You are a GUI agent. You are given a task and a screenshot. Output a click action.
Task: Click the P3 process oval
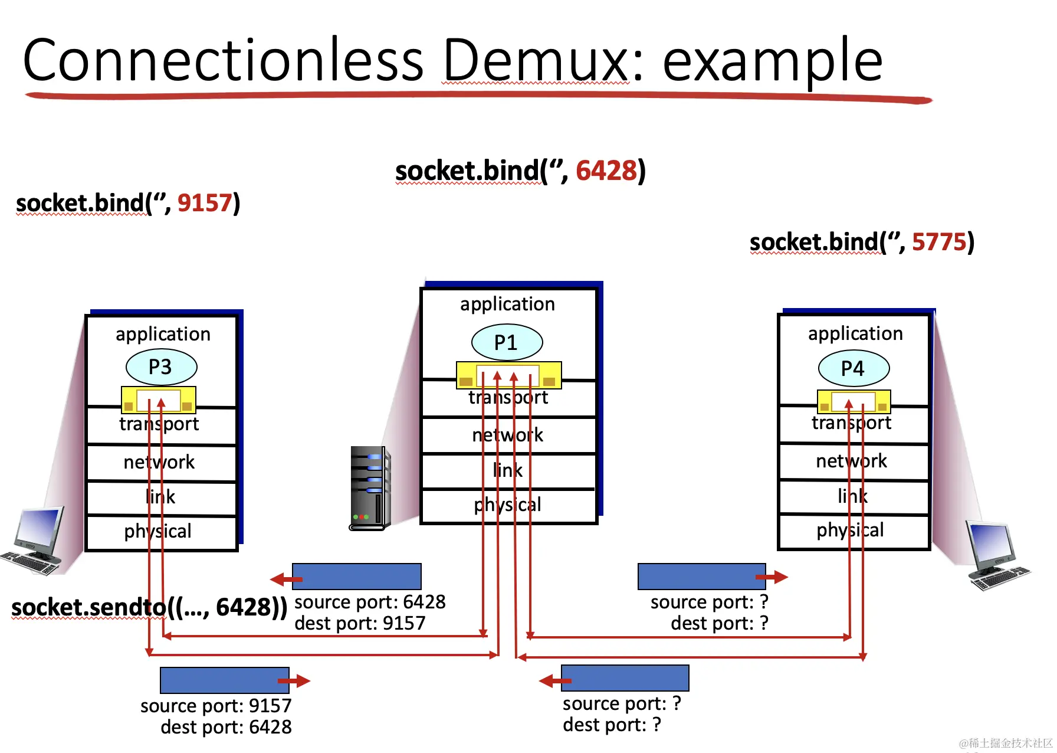(x=162, y=367)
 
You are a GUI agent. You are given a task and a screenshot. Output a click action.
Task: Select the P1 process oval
(x=507, y=342)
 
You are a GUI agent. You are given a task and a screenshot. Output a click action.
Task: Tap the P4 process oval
(x=854, y=368)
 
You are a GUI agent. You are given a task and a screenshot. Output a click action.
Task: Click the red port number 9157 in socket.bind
(x=205, y=203)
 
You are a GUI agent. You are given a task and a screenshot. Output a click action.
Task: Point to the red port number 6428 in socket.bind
(x=606, y=171)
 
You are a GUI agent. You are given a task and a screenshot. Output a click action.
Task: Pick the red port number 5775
(x=939, y=242)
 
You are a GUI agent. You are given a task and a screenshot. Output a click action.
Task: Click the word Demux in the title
(x=537, y=60)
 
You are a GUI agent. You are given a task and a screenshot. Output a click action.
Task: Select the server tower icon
(x=370, y=488)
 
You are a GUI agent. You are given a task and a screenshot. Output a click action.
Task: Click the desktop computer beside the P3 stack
(x=34, y=540)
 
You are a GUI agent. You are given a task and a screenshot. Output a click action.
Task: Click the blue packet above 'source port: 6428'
(x=357, y=577)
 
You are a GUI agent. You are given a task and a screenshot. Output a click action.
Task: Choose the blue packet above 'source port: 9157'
(x=225, y=680)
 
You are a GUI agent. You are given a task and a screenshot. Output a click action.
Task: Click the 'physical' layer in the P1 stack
(x=508, y=505)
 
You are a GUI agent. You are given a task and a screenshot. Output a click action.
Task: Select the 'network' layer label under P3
(x=159, y=462)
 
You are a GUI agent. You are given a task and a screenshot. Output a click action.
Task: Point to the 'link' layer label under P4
(x=853, y=496)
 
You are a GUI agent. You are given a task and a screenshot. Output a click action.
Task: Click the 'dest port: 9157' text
(x=360, y=623)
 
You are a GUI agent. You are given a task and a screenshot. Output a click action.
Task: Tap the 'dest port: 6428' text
(x=226, y=727)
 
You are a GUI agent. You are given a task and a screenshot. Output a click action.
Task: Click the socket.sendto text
(x=149, y=607)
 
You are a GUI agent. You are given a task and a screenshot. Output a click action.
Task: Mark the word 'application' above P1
(x=508, y=304)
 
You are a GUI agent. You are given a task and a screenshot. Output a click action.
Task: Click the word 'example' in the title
(x=773, y=61)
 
